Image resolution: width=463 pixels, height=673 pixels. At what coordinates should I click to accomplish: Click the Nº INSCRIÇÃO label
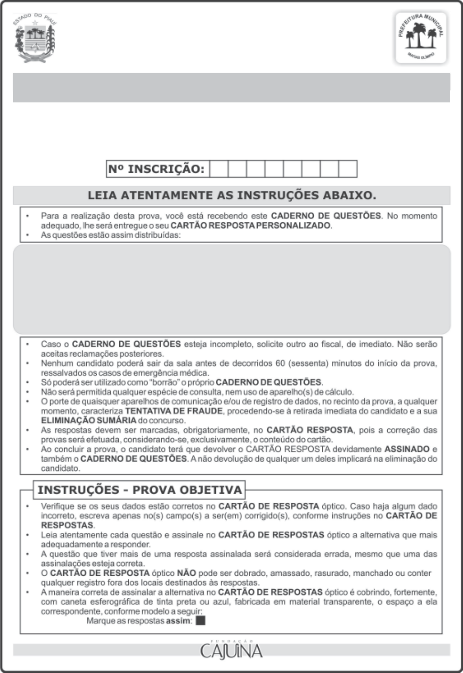pos(156,169)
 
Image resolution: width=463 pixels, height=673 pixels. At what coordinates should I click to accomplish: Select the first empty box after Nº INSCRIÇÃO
pos(218,169)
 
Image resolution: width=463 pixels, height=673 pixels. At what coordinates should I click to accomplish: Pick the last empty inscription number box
pos(348,169)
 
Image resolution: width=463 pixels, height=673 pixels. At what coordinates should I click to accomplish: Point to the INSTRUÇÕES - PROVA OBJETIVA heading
pos(140,490)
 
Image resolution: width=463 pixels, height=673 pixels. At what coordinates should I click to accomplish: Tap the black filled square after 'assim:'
pos(201,621)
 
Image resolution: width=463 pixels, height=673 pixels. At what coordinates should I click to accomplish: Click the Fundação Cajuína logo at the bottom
pos(231,650)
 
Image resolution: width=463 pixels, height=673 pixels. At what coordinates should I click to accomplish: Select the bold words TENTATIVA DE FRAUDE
pos(174,411)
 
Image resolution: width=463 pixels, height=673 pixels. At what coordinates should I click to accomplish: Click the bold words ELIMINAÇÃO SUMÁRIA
pos(88,420)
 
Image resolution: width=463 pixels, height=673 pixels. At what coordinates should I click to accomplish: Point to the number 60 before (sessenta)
pos(280,363)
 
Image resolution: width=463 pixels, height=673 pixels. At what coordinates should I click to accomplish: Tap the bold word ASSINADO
pos(407,449)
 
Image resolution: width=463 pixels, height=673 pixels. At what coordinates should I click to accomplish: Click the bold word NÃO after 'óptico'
pos(186,573)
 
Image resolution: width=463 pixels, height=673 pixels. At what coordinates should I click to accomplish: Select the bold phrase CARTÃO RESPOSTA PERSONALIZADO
pos(251,225)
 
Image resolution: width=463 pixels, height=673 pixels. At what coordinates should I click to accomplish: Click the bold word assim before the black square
pos(178,621)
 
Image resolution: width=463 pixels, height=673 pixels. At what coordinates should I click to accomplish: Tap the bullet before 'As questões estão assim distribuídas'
pos(27,235)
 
